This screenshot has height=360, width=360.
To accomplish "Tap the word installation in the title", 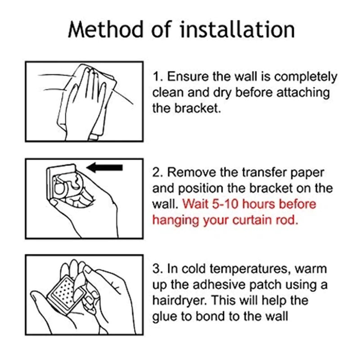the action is pyautogui.click(x=238, y=29).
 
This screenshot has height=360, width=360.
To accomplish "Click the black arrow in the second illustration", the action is pyautogui.click(x=105, y=167).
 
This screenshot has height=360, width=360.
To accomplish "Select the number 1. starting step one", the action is pyautogui.click(x=158, y=76).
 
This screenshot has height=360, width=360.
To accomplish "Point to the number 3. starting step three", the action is pyautogui.click(x=158, y=269).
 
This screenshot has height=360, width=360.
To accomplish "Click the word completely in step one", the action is pyautogui.click(x=306, y=77).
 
